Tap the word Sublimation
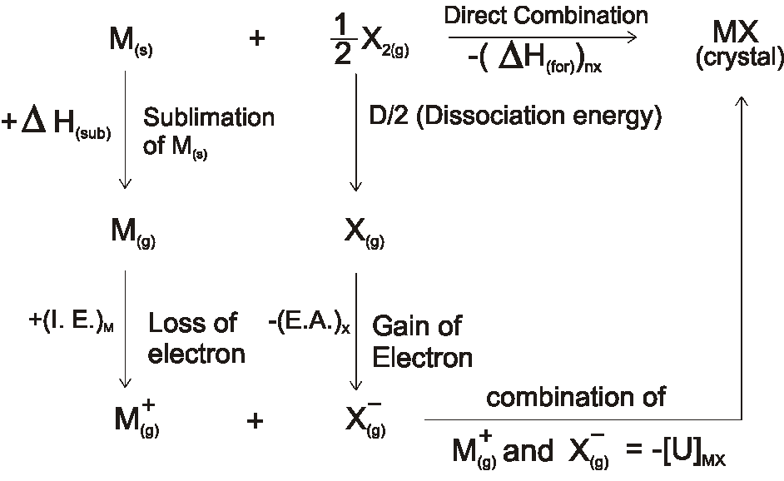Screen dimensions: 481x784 click(209, 117)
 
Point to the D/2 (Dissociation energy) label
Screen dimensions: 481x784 click(515, 117)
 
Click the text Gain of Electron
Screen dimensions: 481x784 click(422, 340)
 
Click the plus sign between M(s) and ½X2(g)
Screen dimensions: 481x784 click(256, 40)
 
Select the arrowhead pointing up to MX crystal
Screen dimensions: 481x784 click(742, 100)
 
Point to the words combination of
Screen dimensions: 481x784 click(575, 397)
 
